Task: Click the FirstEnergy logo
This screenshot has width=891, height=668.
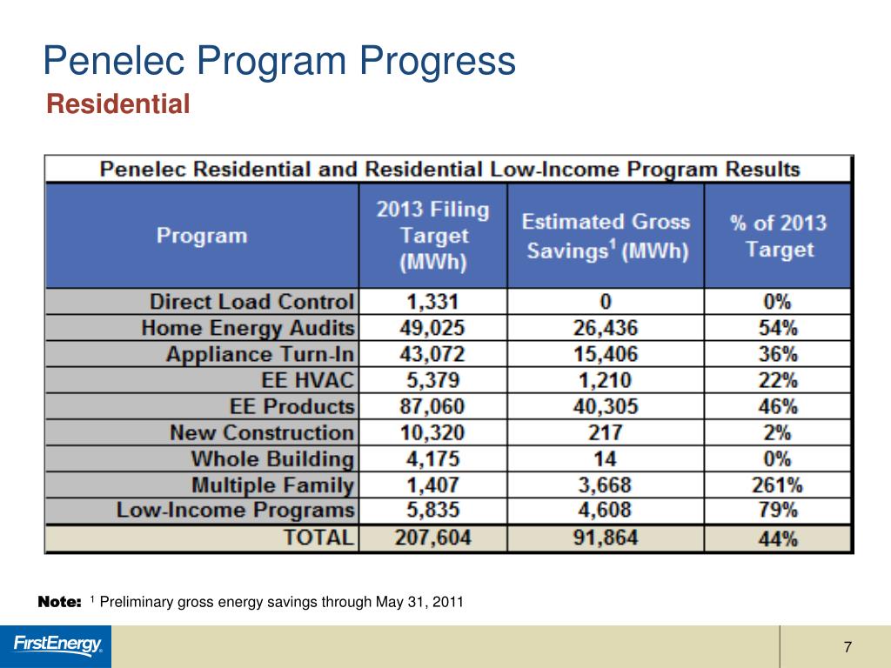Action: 57,645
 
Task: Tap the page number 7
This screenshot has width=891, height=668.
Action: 847,647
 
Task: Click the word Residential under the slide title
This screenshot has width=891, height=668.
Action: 117,105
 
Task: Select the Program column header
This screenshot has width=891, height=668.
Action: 202,236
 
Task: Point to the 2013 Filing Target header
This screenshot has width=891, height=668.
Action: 432,236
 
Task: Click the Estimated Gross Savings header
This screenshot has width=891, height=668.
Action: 606,237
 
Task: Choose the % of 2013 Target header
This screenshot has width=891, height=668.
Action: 778,236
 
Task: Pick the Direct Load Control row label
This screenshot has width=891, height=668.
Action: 252,302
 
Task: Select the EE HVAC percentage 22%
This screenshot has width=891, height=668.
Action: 778,380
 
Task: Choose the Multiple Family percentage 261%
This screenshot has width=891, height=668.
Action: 778,484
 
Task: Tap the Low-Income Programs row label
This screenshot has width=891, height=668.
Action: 236,511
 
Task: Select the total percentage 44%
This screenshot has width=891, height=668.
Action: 778,538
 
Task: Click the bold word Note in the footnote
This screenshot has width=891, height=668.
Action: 60,602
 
